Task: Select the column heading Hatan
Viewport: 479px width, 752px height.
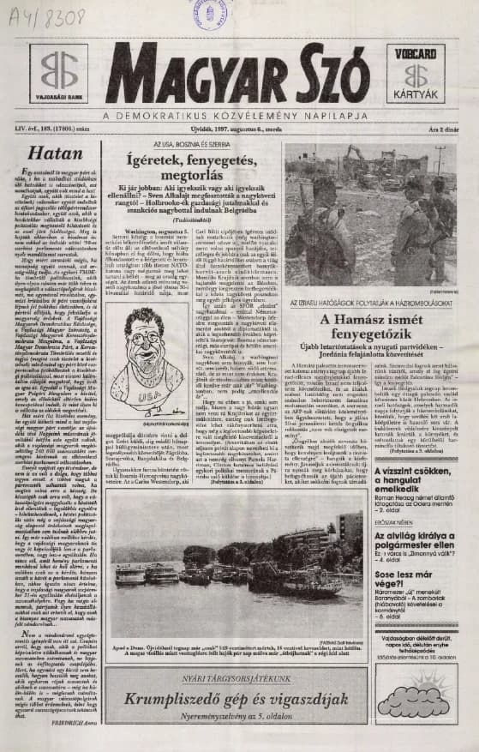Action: click(x=48, y=153)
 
